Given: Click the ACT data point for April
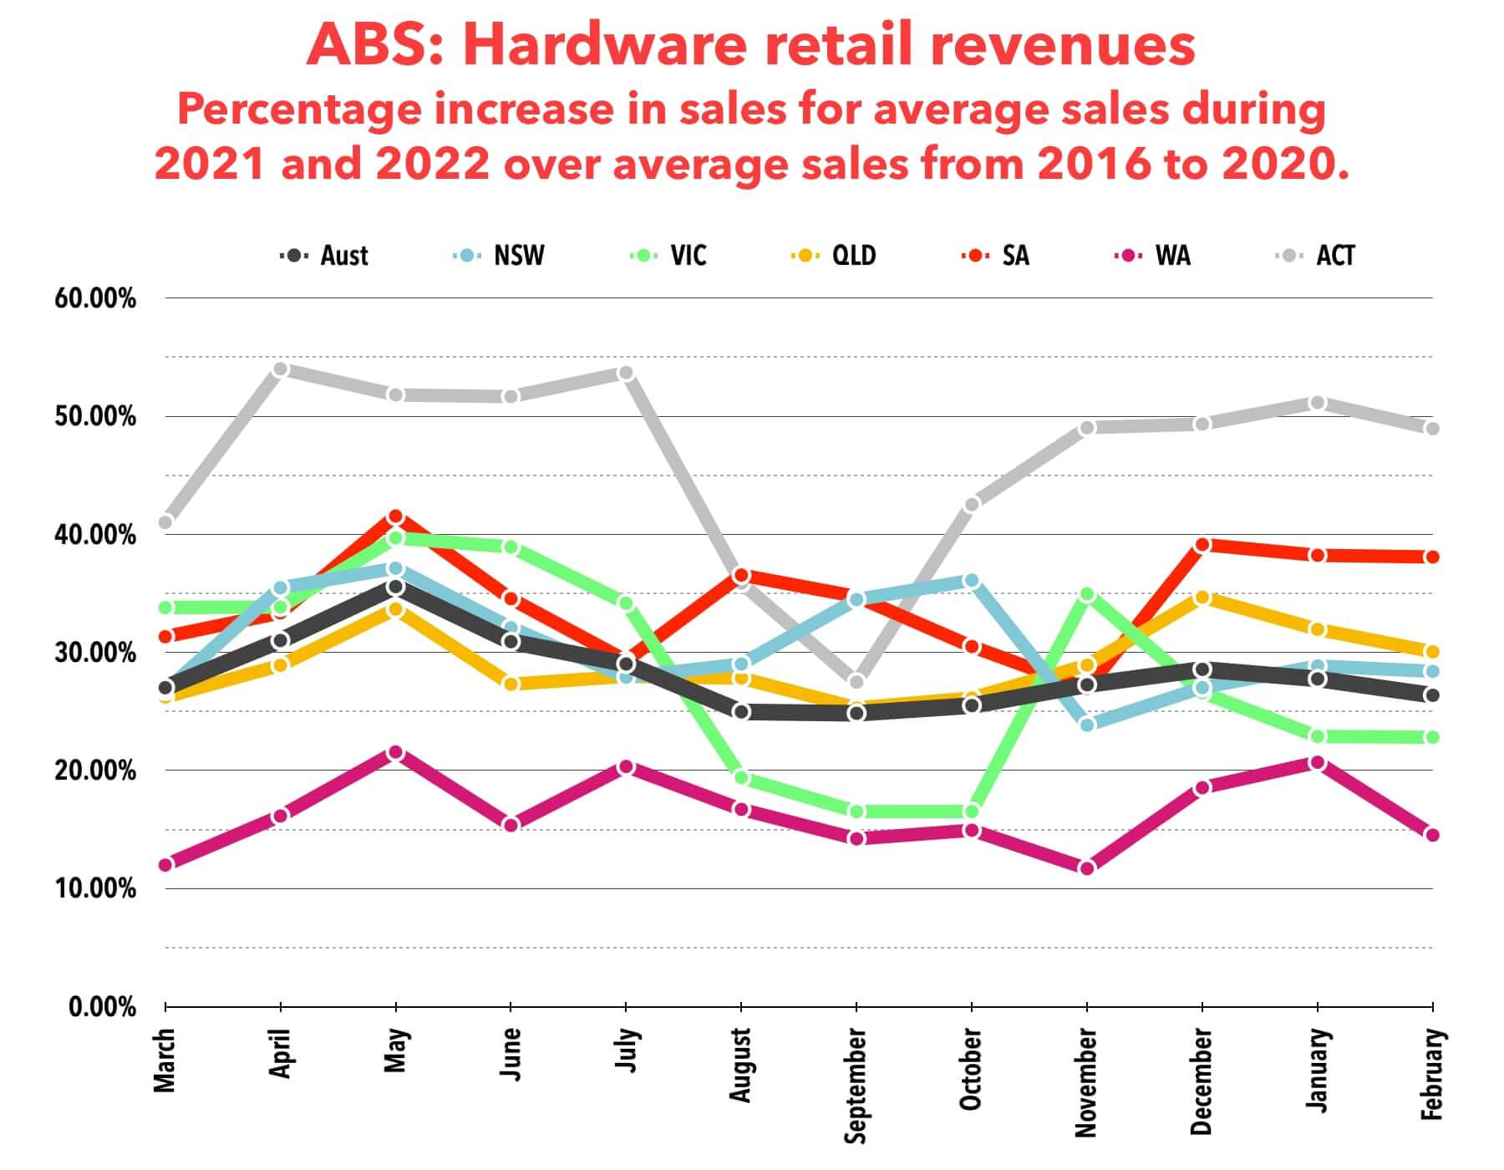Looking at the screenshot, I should pyautogui.click(x=281, y=369).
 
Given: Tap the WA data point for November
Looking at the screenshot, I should pyautogui.click(x=1087, y=868).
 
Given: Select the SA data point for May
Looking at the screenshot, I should pyautogui.click(x=396, y=516).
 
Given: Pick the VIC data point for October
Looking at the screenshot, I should pyautogui.click(x=972, y=811).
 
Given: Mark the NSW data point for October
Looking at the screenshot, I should pyautogui.click(x=972, y=580).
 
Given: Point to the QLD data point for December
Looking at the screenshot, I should pyautogui.click(x=1202, y=598).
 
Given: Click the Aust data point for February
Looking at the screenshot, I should pyautogui.click(x=1432, y=695).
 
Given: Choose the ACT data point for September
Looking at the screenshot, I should pyautogui.click(x=856, y=681).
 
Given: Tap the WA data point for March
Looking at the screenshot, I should pyautogui.click(x=165, y=864).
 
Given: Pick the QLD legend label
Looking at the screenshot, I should pyautogui.click(x=853, y=255).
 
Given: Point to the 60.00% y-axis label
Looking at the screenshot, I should pyautogui.click(x=95, y=298).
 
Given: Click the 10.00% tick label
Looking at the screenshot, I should pyautogui.click(x=95, y=888).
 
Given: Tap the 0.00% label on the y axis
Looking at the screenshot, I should pyautogui.click(x=102, y=1006).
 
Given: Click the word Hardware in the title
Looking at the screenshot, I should pyautogui.click(x=603, y=46).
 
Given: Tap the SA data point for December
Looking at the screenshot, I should pyautogui.click(x=1202, y=545).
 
